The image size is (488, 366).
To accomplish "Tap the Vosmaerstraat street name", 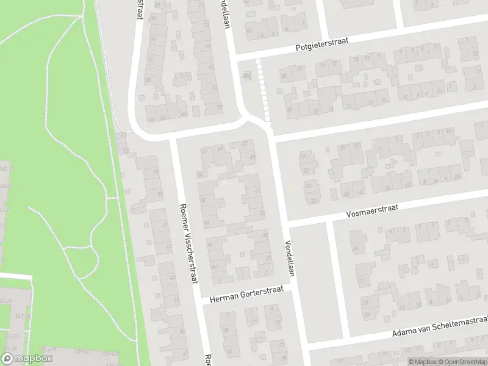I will tap(371, 211).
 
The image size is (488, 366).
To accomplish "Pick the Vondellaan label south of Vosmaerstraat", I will tap(289, 257).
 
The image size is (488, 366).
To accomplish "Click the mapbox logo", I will tap(26, 359).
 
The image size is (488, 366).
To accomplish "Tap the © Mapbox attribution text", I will tap(423, 362).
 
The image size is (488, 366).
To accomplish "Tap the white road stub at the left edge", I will tap(15, 276).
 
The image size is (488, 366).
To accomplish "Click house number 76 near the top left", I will tap(152, 38).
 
